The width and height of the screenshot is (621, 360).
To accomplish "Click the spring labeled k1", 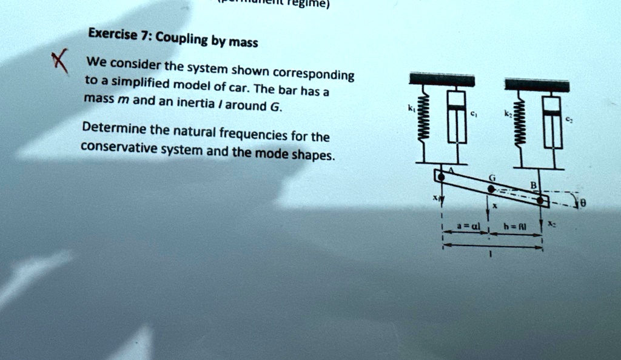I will tap(425, 121).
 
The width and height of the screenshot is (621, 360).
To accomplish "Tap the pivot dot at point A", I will tap(442, 176).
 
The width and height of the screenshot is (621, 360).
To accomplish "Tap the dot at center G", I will tap(491, 189).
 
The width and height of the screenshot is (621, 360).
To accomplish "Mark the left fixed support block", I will tap(441, 79).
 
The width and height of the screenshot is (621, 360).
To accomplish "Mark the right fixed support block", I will tap(537, 85).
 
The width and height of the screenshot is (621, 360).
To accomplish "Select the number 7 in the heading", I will tap(145, 35).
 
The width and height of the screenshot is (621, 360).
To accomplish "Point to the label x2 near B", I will tap(551, 224).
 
